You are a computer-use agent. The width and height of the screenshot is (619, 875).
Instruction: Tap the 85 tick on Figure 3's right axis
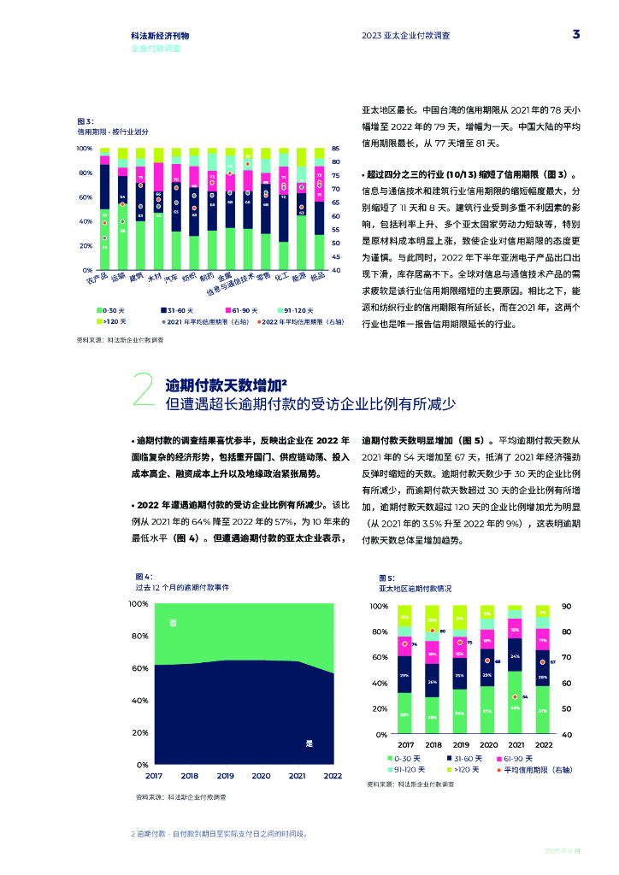[336, 149]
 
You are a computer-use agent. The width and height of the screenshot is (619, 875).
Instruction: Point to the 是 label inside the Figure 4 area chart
[309, 743]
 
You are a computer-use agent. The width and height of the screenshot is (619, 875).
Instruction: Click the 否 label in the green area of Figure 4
[174, 623]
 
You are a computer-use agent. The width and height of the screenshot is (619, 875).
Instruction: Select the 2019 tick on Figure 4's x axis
[226, 776]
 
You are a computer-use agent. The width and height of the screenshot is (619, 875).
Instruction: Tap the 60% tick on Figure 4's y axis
[139, 668]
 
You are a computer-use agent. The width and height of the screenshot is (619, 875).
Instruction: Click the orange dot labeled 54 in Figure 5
[516, 697]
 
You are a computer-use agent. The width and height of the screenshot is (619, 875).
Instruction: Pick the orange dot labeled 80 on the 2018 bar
[433, 631]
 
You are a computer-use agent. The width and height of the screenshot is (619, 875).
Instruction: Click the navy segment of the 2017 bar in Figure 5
[404, 674]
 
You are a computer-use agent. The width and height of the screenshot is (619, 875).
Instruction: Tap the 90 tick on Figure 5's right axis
[566, 606]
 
